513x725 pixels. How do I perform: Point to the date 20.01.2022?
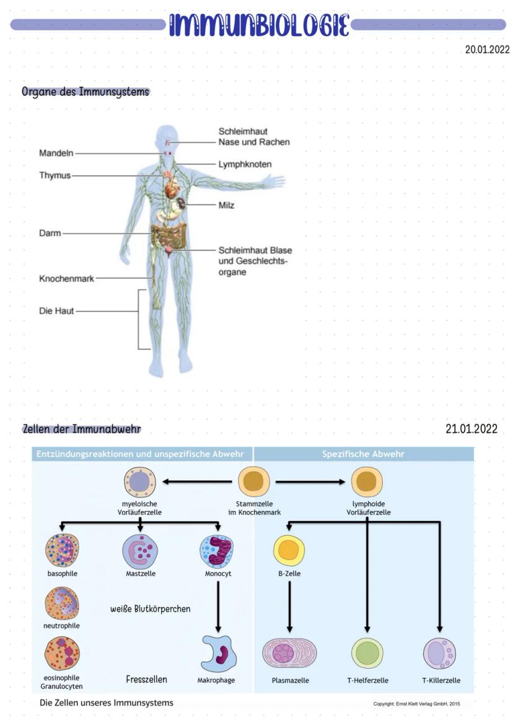[x=487, y=50]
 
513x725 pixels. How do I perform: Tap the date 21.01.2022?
[x=471, y=429]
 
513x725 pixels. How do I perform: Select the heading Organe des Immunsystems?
[x=85, y=92]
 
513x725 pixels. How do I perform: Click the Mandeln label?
[x=56, y=153]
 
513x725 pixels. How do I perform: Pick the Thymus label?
[x=55, y=176]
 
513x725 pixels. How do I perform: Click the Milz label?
[x=226, y=205]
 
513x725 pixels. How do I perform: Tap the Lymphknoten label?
[x=245, y=164]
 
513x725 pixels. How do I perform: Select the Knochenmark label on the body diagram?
[x=66, y=278]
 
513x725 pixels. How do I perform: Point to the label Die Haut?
[x=56, y=311]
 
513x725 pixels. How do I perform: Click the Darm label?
[x=50, y=233]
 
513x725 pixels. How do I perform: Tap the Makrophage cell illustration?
[x=218, y=654]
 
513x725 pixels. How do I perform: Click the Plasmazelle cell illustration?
[x=290, y=654]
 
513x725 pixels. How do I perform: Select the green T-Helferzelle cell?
[x=367, y=654]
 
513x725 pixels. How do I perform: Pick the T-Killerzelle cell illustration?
[x=440, y=654]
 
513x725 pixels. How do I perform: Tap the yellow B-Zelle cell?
[x=289, y=549]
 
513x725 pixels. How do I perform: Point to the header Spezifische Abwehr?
[x=363, y=454]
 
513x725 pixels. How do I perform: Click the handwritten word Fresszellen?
[x=146, y=679]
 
